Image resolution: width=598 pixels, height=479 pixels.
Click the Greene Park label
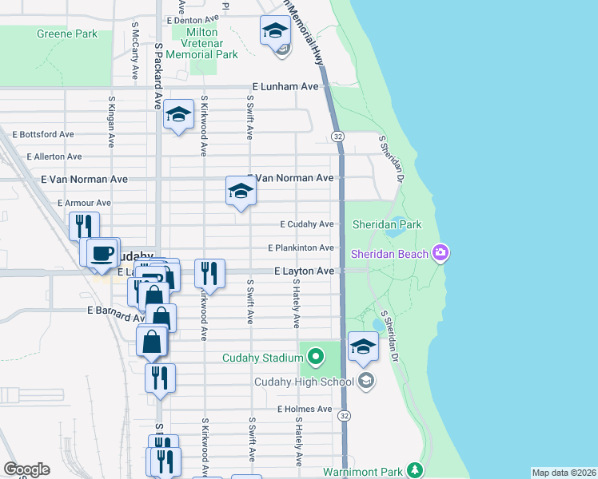click(x=66, y=34)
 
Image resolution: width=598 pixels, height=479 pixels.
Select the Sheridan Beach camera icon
click(x=440, y=254)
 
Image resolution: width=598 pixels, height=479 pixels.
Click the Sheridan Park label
click(x=386, y=224)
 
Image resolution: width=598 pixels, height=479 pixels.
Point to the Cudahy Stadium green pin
click(x=317, y=356)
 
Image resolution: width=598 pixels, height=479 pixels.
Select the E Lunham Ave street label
click(x=285, y=86)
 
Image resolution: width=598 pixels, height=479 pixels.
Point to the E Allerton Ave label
click(x=54, y=156)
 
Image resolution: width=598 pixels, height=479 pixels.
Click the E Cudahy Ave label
click(x=307, y=224)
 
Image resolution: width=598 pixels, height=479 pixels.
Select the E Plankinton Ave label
click(x=301, y=247)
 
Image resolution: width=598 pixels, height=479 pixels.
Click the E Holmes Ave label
click(x=305, y=409)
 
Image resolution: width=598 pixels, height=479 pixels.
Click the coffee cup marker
click(x=102, y=253)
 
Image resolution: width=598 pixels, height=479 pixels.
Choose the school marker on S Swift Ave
click(x=240, y=192)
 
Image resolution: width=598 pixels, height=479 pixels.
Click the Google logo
click(x=26, y=469)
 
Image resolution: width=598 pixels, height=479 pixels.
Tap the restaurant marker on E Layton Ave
click(x=209, y=273)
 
